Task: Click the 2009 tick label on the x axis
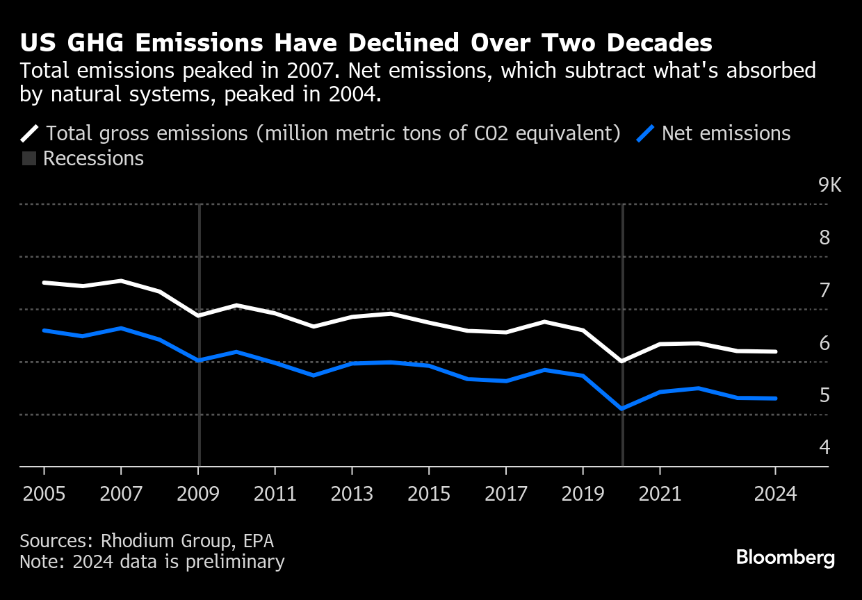click(x=199, y=495)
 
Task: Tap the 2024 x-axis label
click(x=775, y=495)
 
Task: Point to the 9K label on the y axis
click(x=829, y=186)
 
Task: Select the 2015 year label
click(x=429, y=495)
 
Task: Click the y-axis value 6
click(x=824, y=343)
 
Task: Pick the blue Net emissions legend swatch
click(x=646, y=133)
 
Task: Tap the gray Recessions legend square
click(x=29, y=159)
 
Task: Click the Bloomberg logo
click(x=785, y=558)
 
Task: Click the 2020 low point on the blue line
click(x=621, y=408)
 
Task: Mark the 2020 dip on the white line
click(x=621, y=361)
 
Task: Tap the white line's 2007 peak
click(x=122, y=281)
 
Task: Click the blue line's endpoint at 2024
click(x=775, y=399)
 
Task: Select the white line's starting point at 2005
click(x=44, y=283)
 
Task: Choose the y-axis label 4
click(x=824, y=447)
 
